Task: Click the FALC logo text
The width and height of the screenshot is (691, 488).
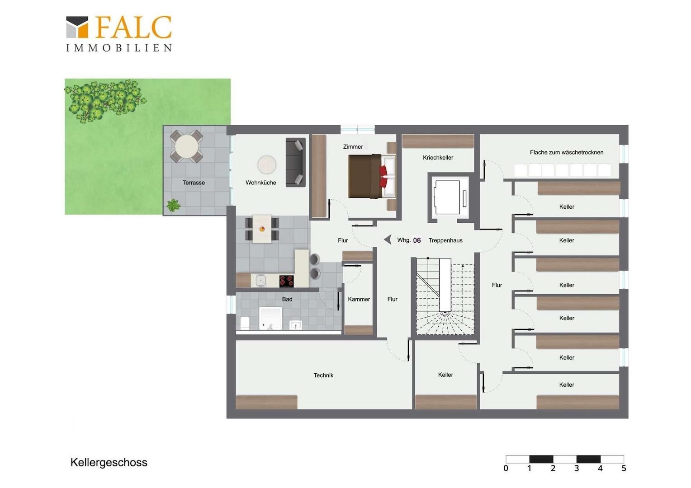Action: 133,27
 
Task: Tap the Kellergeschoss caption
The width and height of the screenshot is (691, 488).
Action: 109,462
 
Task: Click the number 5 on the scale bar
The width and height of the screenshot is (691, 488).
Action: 624,468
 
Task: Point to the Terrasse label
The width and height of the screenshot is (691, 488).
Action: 194,183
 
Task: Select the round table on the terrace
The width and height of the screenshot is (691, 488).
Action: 186,146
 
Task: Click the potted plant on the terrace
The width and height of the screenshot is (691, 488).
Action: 173,205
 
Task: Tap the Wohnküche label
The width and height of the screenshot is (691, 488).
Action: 260,183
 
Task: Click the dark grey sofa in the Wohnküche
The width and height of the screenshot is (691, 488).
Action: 295,163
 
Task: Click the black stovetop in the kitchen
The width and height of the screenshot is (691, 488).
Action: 286,281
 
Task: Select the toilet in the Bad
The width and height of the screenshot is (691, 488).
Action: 245,323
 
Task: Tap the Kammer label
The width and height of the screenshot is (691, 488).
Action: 359,299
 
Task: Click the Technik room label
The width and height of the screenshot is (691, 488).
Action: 323,375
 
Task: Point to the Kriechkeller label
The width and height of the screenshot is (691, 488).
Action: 438,158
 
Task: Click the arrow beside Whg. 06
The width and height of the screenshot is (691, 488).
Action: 388,239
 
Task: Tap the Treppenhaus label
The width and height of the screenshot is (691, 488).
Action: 445,240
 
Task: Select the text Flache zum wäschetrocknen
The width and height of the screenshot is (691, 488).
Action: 566,152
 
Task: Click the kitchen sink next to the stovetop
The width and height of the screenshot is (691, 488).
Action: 260,281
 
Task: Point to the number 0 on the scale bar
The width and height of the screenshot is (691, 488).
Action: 506,468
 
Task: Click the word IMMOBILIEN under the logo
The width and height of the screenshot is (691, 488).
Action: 119,48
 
